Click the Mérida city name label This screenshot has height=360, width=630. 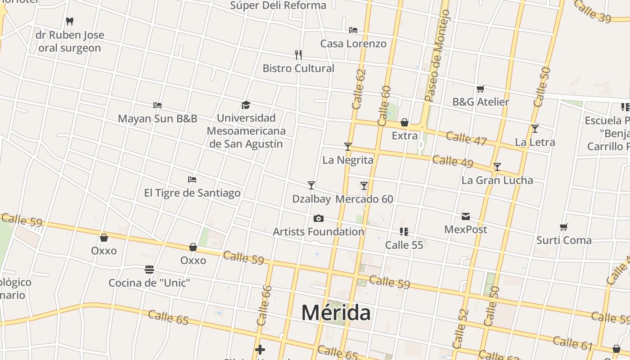click(x=336, y=312)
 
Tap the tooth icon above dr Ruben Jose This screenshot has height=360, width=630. click(x=69, y=21)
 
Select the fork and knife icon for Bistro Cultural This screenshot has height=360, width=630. click(x=298, y=55)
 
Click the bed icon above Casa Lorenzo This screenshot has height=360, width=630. click(x=353, y=30)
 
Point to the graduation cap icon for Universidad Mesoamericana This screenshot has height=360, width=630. click(x=245, y=105)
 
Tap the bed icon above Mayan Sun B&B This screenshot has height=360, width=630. click(x=157, y=105)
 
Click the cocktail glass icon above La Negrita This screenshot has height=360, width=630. click(x=347, y=146)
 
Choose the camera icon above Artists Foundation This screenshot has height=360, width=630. click(x=318, y=219)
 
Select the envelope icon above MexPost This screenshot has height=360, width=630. click(x=465, y=216)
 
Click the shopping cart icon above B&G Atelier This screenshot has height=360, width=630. click(x=480, y=89)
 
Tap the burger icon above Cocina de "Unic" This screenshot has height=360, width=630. click(x=149, y=270)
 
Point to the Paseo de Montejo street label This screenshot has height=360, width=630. click(x=437, y=56)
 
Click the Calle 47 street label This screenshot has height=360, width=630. click(x=466, y=139)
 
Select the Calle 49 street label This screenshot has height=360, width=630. click(x=452, y=161)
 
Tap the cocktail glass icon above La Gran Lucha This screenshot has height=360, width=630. click(x=497, y=167)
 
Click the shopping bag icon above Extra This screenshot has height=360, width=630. click(x=404, y=122)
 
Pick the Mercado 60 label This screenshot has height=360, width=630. click(x=364, y=199)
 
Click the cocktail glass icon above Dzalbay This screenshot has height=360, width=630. click(x=311, y=185)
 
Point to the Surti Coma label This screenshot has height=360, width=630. click(x=563, y=240)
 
